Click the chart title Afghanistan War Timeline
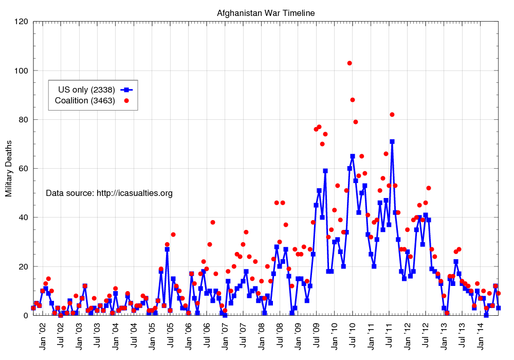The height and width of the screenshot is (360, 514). coord(265,12)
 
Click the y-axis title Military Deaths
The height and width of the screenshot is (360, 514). coord(9,169)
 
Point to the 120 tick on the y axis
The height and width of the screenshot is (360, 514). coord(22,22)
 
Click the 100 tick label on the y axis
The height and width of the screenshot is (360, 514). coord(22,70)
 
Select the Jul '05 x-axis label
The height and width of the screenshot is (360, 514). coord(170,335)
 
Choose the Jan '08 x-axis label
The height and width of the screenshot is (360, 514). coord(262,335)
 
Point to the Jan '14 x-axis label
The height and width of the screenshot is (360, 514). coord(480,335)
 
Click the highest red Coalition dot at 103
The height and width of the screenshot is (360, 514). coord(350,63)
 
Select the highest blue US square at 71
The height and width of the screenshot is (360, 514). coord(392,141)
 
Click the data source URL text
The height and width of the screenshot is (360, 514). coord(109,193)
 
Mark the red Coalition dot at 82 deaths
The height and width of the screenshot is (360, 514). coord(392,115)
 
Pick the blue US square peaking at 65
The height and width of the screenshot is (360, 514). coord(353,156)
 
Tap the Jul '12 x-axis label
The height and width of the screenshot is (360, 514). coord(426,335)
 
